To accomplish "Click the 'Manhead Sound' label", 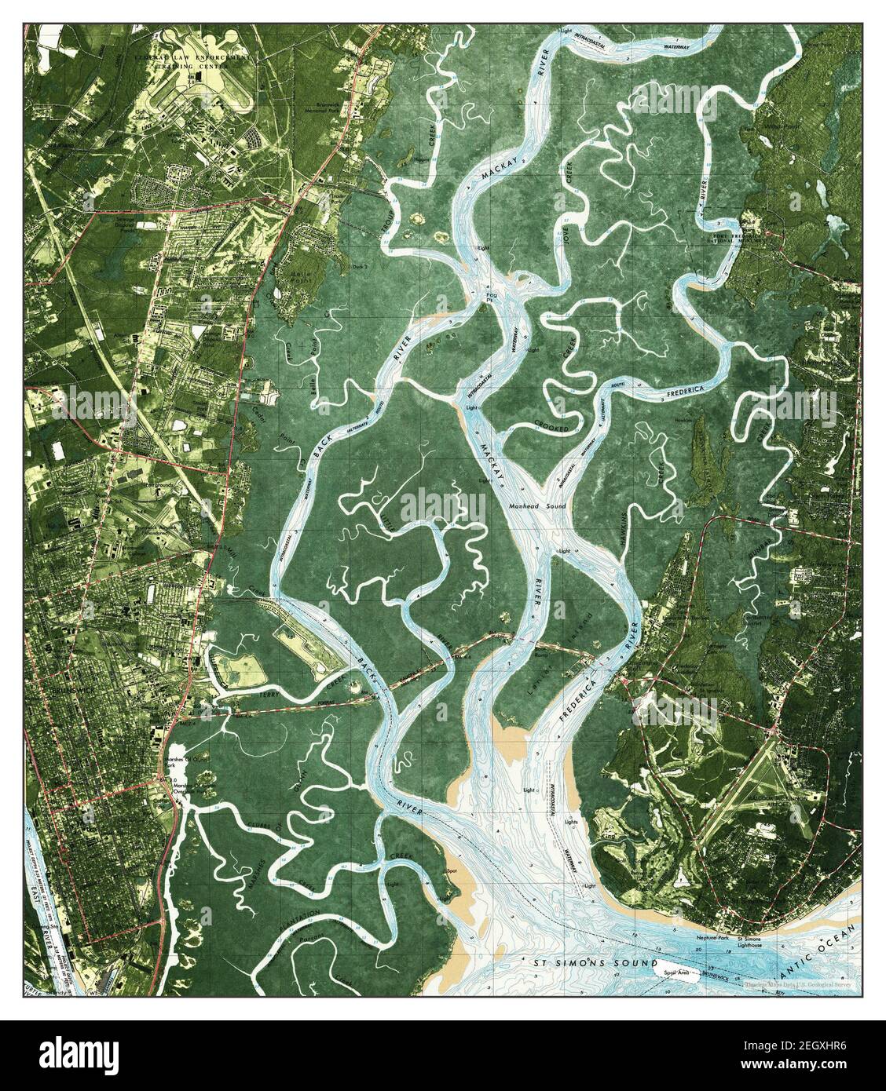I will point(538,507).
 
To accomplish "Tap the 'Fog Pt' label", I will point(493,288).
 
